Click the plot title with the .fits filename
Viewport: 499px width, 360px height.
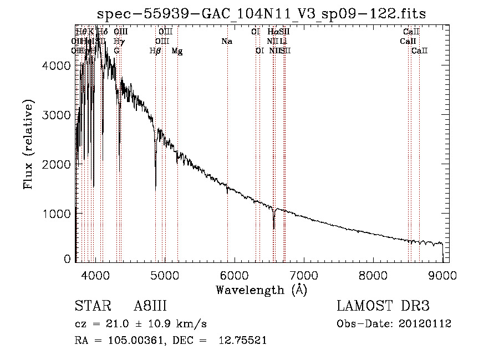[x=262, y=14]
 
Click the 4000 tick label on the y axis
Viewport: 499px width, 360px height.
[x=58, y=65]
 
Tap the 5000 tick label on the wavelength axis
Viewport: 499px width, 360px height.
[x=165, y=275]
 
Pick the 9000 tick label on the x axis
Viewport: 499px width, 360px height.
[x=442, y=275]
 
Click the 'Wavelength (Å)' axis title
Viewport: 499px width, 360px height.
[x=261, y=290]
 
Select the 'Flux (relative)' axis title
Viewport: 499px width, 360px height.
[x=28, y=144]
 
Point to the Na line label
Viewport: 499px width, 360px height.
[x=226, y=42]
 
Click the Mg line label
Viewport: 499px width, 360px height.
[x=177, y=51]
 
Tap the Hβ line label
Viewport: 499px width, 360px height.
[x=155, y=51]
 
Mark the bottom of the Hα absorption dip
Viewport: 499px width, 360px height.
[x=274, y=228]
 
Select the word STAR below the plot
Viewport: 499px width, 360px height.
[x=89, y=307]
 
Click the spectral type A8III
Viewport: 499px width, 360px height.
[x=150, y=307]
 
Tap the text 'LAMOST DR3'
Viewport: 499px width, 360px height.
[x=383, y=307]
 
